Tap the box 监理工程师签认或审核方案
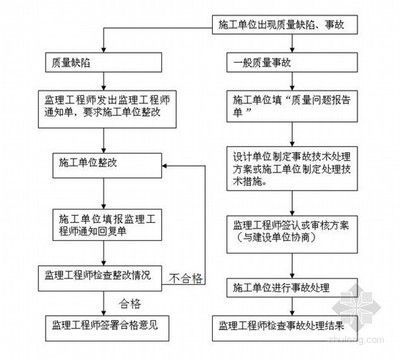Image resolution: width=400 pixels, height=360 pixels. click(283, 230)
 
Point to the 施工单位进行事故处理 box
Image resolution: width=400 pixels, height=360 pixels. click(283, 287)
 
